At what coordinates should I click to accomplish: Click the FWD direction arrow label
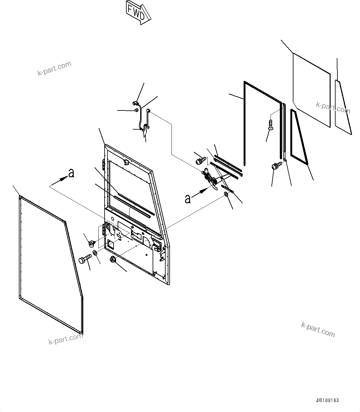pos(138,12)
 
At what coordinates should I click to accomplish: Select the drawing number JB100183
pos(328,400)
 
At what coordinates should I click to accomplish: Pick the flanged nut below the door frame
pos(113,260)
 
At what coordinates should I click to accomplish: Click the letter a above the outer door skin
pos(72,174)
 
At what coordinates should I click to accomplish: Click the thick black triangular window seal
pos(299,138)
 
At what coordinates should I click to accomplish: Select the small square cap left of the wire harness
pos(136,110)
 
